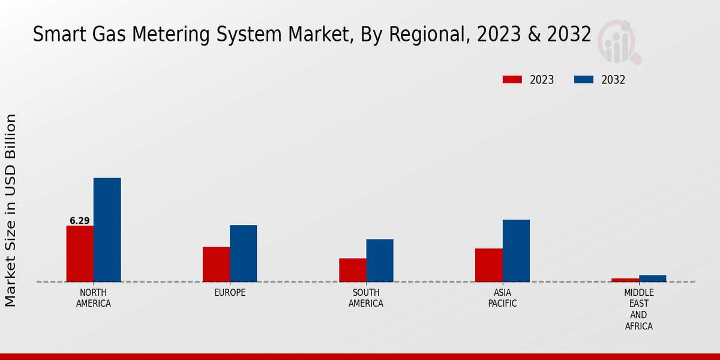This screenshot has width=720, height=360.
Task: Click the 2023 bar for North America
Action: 80,254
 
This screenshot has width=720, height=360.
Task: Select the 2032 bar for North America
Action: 107,230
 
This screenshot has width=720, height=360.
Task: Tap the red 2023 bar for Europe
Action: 216,265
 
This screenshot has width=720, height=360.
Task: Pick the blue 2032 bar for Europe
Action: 243,253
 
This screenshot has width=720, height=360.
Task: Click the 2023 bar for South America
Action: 352,270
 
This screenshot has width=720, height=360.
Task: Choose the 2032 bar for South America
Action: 380,260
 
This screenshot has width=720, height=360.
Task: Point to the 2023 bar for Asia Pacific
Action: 488,265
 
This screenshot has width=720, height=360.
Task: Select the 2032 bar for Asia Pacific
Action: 516,251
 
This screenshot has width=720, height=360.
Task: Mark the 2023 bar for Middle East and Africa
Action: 625,280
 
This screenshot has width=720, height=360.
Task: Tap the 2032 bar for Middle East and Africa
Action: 652,278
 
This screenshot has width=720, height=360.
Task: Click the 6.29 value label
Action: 80,221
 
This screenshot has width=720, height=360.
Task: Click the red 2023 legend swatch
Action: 512,80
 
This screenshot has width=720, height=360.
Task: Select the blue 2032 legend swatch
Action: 584,80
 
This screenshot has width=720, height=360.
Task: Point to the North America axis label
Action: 94,298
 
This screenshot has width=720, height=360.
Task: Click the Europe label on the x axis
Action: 230,293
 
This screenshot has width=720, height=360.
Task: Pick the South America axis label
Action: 366,298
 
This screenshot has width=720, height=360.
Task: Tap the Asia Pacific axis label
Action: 502,298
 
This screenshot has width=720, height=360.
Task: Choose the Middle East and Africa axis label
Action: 638,310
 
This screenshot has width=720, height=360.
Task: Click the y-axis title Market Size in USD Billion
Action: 11,210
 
